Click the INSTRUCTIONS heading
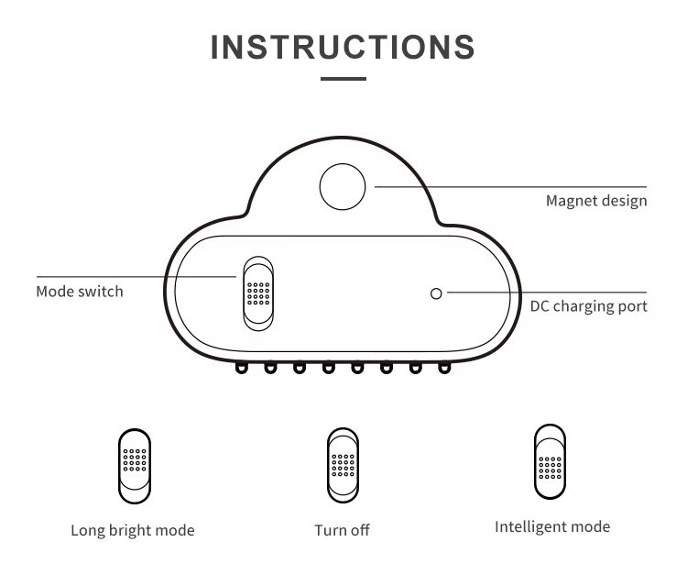pos(343,47)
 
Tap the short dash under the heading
pos(343,79)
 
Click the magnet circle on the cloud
pos(343,187)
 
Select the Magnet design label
pos(596,201)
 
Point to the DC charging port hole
pos(436,293)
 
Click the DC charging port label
pos(588,306)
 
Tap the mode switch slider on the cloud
pos(257,293)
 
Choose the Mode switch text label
pos(80,292)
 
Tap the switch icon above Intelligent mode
pos(550,461)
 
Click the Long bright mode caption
pos(133,530)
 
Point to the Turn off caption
pos(342,530)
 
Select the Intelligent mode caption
pos(552,526)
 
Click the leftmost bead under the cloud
pos(242,369)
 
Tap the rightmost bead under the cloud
pos(444,369)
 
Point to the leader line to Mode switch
pos(137,276)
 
